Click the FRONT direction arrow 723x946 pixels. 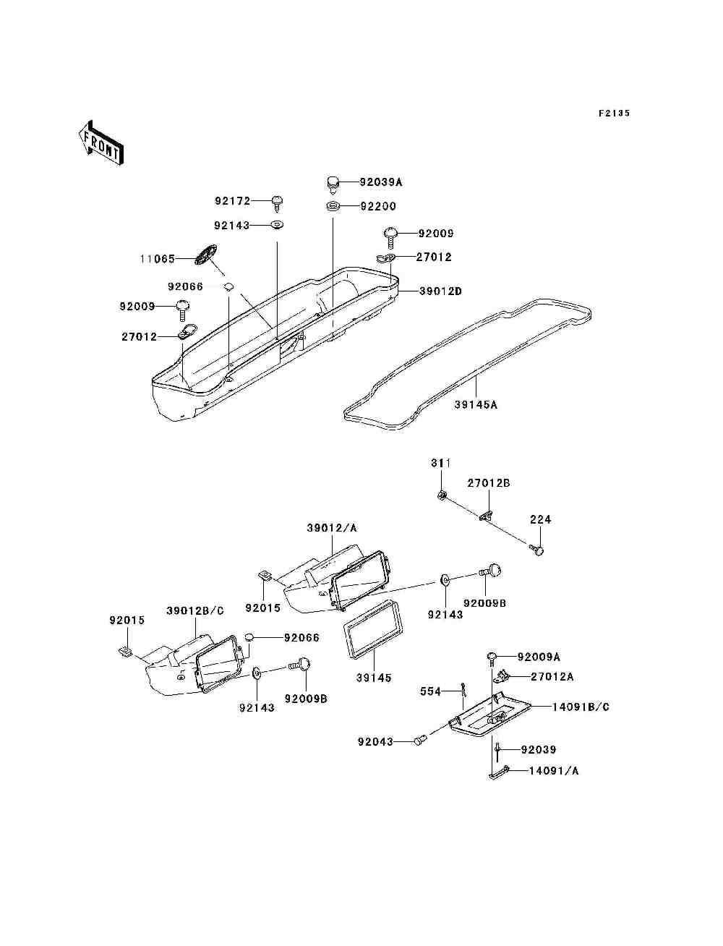point(102,143)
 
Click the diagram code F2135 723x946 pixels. point(614,114)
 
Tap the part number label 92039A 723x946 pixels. point(381,182)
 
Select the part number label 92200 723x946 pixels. point(378,206)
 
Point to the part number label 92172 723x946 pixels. point(233,201)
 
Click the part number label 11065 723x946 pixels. point(158,259)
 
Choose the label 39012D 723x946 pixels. point(440,291)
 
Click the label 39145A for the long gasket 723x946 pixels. point(476,405)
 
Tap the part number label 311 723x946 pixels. point(441,463)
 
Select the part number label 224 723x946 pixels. point(540,519)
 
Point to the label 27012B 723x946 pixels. point(489,483)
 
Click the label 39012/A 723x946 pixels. point(332,528)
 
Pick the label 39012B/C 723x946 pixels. point(195,611)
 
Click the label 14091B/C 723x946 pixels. point(581,707)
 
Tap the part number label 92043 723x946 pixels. point(375,742)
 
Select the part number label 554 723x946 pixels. point(431,691)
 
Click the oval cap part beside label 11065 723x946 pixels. point(205,255)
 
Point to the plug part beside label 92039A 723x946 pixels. point(332,184)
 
